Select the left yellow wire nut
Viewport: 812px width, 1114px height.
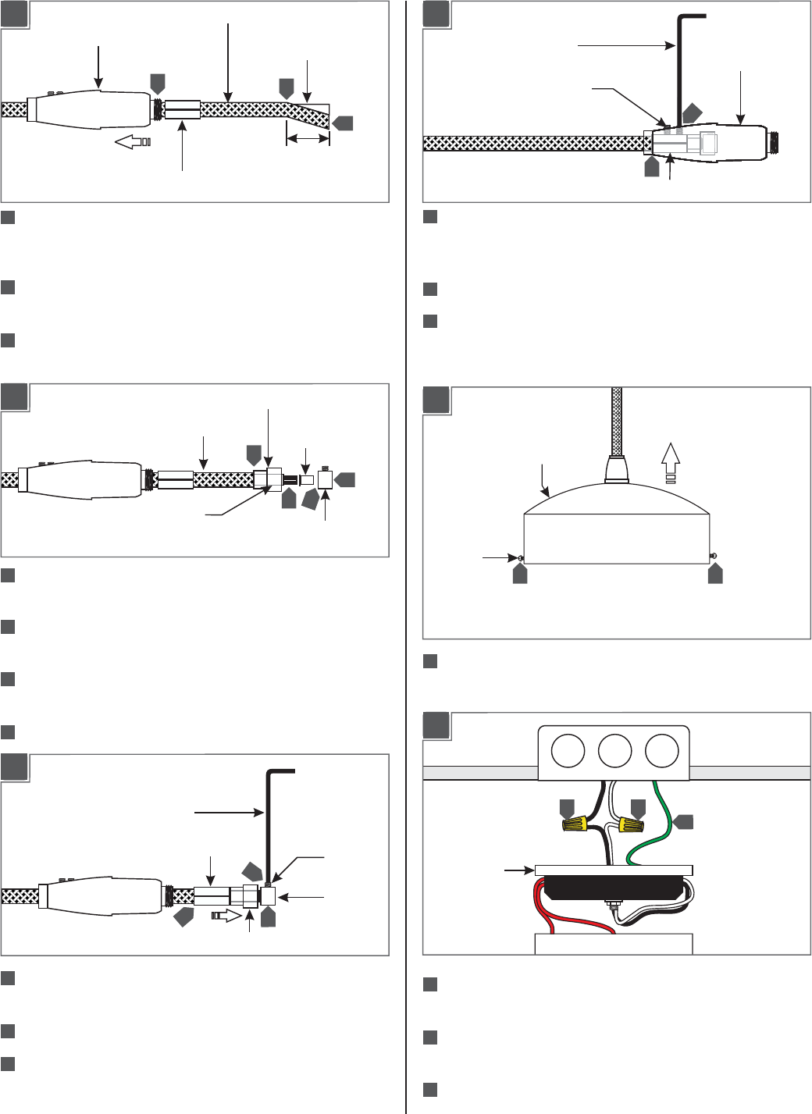click(575, 824)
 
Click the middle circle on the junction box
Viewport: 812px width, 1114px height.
click(614, 752)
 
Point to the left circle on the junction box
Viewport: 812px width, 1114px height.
click(568, 752)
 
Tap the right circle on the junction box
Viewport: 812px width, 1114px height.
click(661, 752)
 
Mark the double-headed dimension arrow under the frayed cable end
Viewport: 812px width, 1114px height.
click(308, 139)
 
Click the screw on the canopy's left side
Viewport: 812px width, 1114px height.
click(519, 557)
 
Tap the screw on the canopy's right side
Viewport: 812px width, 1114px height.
click(713, 556)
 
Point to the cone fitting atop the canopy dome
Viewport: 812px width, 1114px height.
click(617, 471)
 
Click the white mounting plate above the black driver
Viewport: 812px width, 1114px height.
click(614, 870)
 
